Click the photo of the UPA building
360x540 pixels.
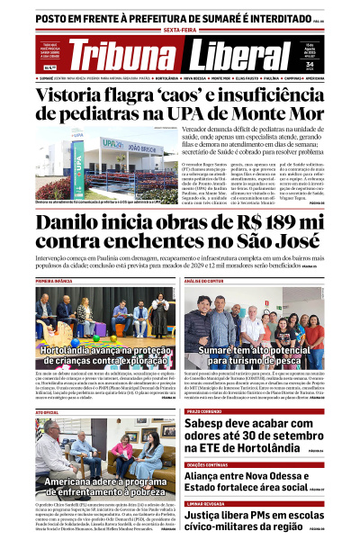[86, 166]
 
